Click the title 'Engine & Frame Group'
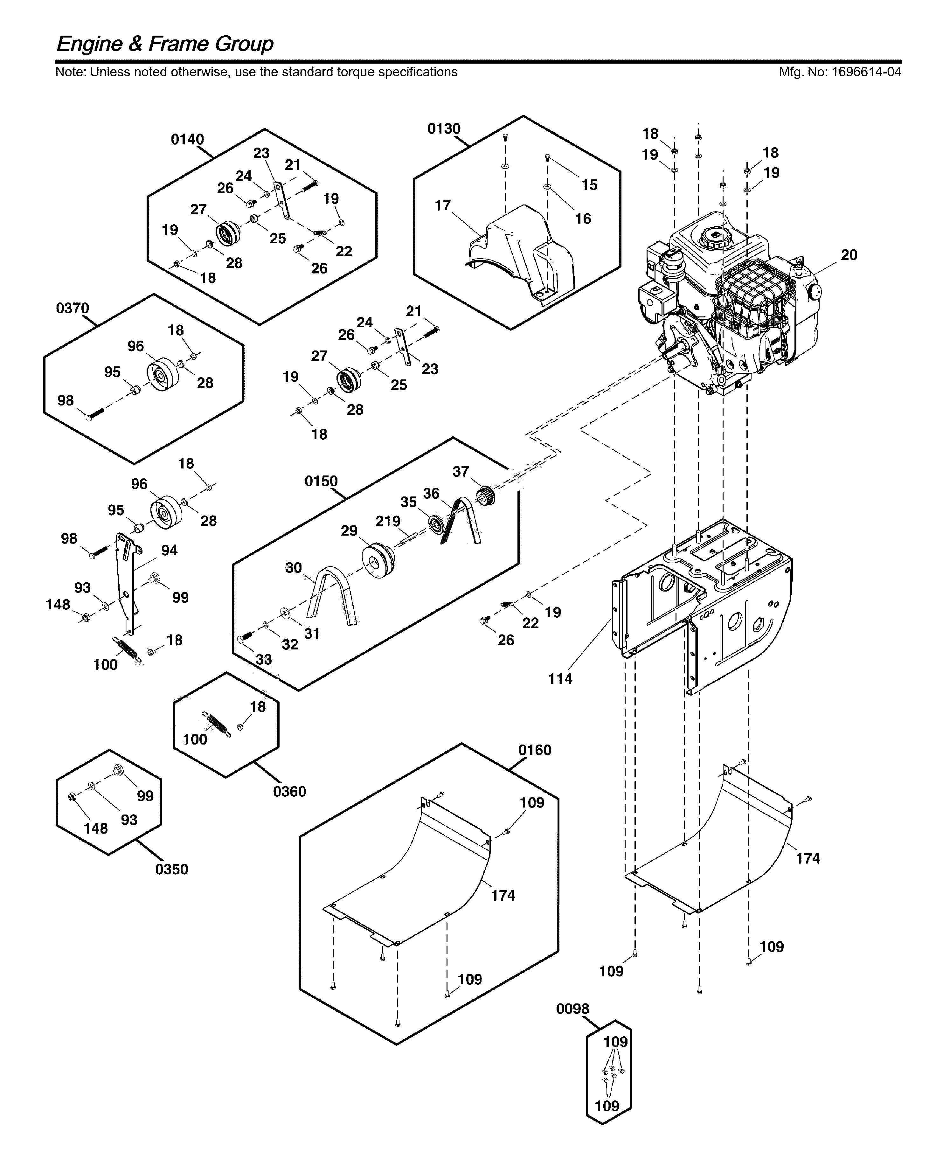click(x=164, y=44)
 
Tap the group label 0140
click(x=187, y=140)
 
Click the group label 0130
click(x=444, y=129)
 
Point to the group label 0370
click(x=72, y=309)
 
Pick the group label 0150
click(x=321, y=482)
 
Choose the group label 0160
click(x=534, y=751)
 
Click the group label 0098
click(x=572, y=1009)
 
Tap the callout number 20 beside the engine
click(x=849, y=255)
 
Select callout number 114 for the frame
click(x=560, y=679)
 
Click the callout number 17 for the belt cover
click(x=443, y=206)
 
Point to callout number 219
click(x=388, y=521)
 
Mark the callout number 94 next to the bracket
click(x=169, y=551)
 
